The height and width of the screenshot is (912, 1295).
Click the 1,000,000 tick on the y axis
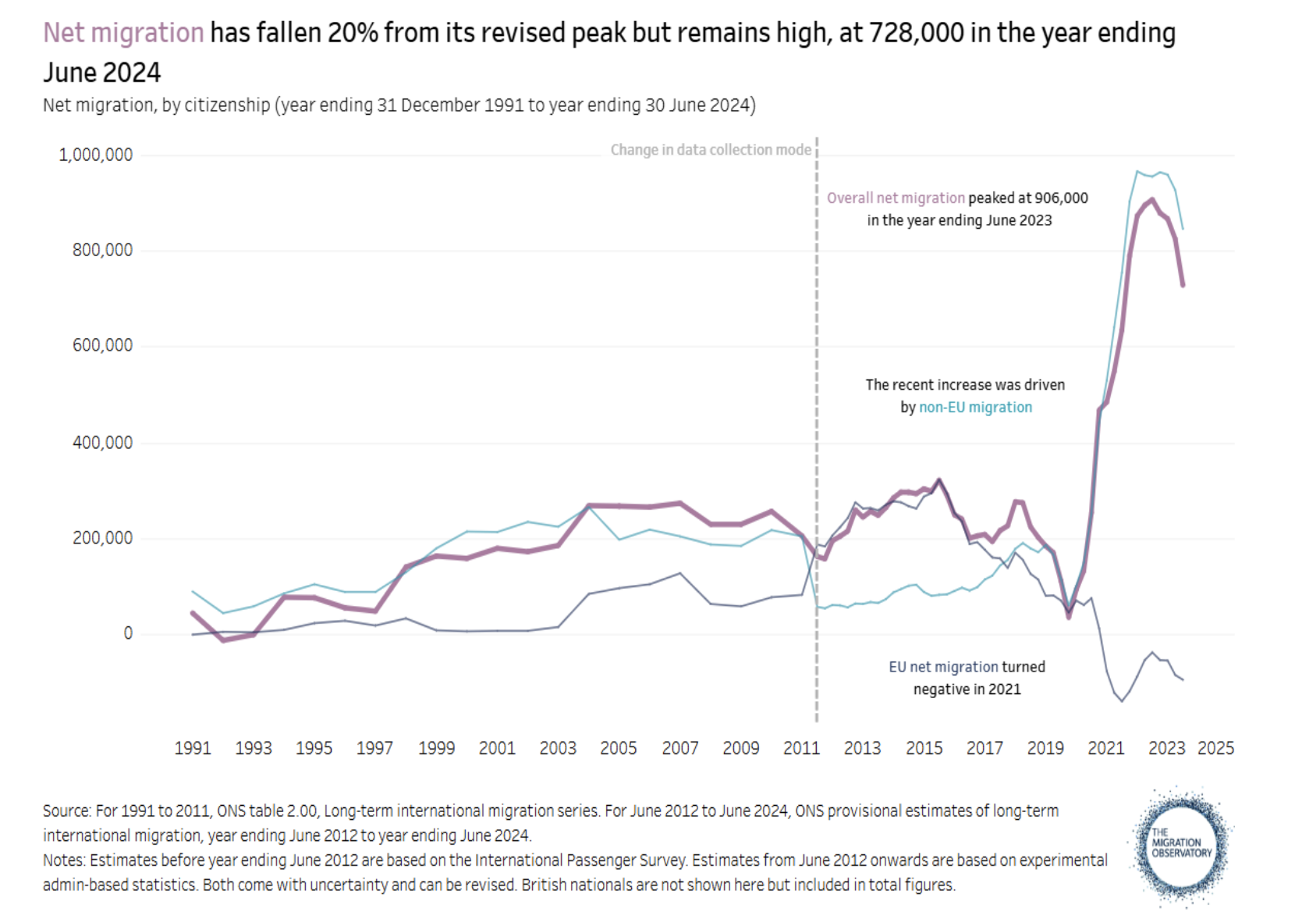[95, 155]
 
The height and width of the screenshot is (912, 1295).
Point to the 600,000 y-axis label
[102, 345]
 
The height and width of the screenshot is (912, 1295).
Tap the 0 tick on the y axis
[128, 633]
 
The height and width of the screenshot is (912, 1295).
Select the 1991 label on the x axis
[193, 748]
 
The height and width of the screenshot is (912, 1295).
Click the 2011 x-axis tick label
[801, 748]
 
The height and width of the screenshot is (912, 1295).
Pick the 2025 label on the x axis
[1215, 748]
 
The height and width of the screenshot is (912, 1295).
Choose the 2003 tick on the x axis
[558, 748]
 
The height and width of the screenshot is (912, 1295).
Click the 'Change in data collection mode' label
[711, 149]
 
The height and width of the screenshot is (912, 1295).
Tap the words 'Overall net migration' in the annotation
[896, 198]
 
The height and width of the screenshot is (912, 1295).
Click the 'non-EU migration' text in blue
[975, 407]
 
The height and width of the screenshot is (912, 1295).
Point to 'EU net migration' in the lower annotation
[943, 667]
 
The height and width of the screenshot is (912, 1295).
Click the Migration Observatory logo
[1181, 847]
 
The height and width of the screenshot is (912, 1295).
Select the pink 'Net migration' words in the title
[123, 33]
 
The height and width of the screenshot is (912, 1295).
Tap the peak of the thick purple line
[1152, 200]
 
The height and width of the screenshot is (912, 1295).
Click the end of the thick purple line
[1183, 285]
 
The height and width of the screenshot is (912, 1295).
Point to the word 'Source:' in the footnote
[67, 810]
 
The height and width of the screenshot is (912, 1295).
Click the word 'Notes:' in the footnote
[65, 860]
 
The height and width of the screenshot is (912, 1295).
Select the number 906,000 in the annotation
[1061, 198]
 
